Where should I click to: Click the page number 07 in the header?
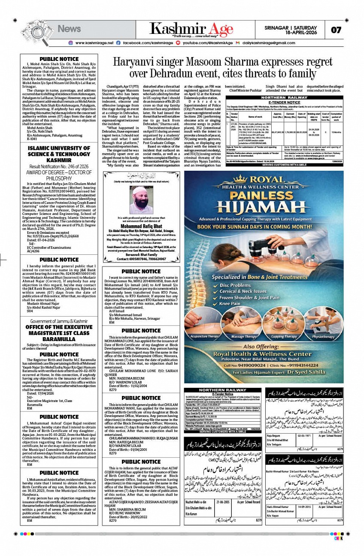(336, 30)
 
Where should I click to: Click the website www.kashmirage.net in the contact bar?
(95, 43)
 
